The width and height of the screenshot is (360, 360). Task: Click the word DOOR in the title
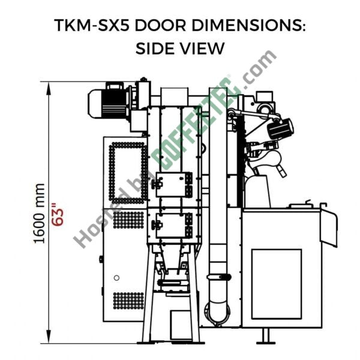160,25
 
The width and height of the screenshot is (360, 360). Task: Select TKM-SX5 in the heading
92,25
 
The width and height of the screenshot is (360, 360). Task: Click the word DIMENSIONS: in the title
248,25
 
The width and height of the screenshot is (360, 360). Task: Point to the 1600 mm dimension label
39,214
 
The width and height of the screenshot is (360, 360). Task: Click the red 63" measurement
57,214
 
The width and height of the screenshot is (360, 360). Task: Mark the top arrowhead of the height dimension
48,89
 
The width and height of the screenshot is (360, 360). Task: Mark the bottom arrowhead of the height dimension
48,337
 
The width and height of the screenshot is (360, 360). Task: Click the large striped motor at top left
108,103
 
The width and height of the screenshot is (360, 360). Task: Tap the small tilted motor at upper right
281,129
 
